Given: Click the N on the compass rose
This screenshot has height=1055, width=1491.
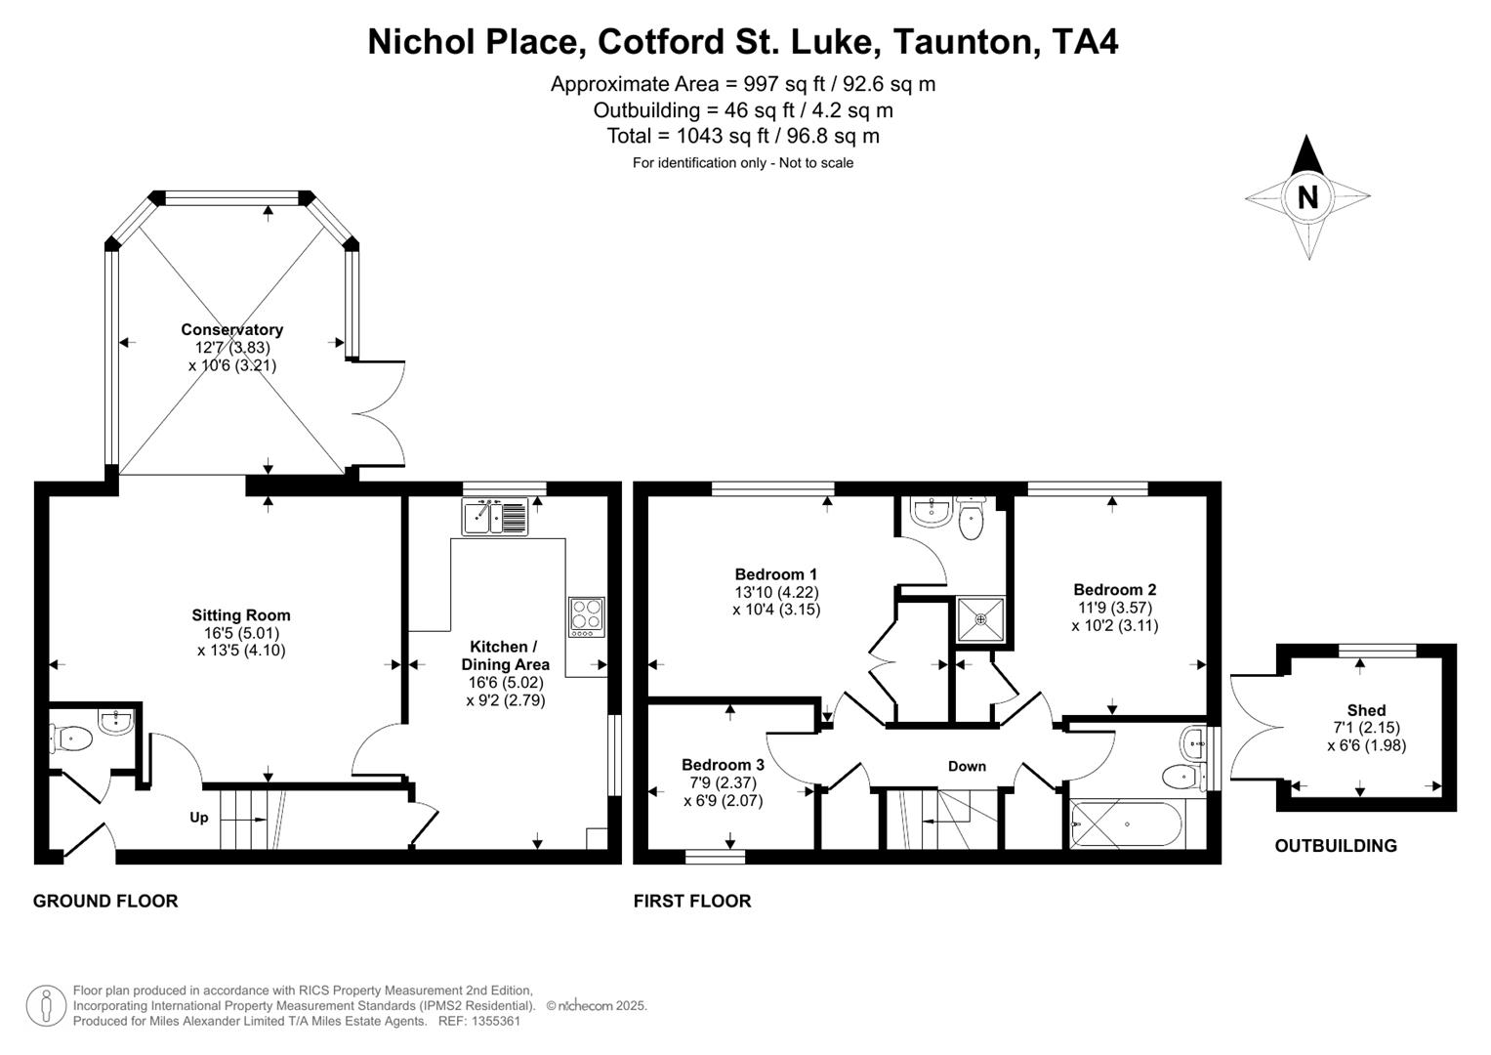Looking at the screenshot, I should coord(1307,197).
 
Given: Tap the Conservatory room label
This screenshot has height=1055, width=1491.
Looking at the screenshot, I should coord(231,330).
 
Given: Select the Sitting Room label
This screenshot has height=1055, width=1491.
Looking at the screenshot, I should coord(241,615).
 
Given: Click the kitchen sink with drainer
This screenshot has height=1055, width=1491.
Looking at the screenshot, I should coord(496,516).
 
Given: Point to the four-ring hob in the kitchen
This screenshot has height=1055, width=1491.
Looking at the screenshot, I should coord(587,617).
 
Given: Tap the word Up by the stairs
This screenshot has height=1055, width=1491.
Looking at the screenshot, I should coord(198,818).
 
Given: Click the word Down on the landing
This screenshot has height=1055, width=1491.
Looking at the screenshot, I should coord(967,767).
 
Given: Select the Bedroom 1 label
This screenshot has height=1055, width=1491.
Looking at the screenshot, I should coord(776,574).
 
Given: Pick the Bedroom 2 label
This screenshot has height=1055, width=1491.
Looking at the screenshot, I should coord(1114,590).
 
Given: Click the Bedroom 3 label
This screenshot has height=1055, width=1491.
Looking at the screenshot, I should coord(723,765).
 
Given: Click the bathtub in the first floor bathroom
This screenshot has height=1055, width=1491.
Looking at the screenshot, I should coord(1127,824).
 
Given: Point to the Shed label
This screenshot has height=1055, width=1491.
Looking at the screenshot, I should coord(1366,710).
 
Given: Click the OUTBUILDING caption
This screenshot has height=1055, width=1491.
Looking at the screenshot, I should coord(1335,846).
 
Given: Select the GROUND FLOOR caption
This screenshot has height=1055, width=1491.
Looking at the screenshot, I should coord(105,901).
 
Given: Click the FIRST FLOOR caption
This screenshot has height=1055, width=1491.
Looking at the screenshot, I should coord(692,901).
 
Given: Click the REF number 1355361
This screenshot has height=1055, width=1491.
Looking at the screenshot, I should coord(494,1021).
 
